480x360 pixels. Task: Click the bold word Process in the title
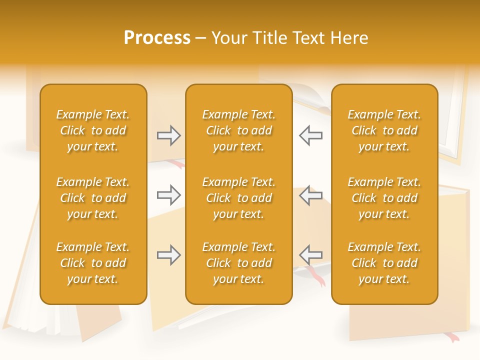157,38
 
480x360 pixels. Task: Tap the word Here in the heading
348,38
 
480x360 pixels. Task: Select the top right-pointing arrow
168,135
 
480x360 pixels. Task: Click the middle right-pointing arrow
168,195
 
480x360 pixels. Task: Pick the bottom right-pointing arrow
168,255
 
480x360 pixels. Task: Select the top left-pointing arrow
311,135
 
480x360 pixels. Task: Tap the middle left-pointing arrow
311,195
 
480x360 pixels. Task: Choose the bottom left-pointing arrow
311,255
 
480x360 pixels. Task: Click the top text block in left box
93,130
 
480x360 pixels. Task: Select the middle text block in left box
93,198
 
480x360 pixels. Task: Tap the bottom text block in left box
93,263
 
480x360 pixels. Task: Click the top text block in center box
238,130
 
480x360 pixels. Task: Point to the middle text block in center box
238,198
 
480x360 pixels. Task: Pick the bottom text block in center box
238,263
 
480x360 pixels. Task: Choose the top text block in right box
384,130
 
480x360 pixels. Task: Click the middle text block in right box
384,198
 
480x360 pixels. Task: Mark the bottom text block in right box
384,263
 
